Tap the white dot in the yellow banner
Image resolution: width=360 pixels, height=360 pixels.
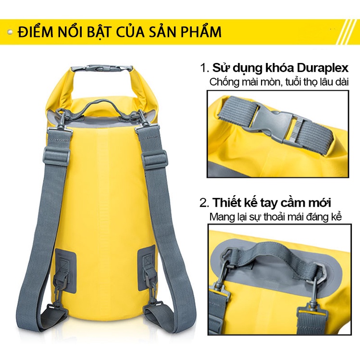pos(11,32)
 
